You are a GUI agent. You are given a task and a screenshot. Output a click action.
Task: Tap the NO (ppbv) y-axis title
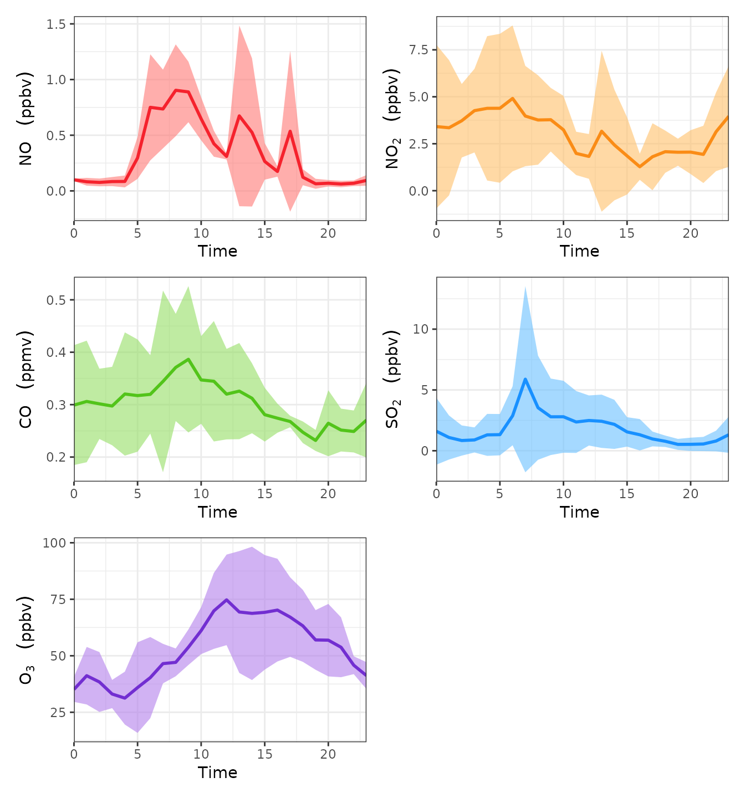25,119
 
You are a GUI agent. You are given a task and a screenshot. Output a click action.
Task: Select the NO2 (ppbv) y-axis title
392,119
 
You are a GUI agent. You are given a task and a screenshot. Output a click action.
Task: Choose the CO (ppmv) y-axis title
25,379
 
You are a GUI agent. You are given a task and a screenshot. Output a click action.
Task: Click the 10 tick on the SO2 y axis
421,329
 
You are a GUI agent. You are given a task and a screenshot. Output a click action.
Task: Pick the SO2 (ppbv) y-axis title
392,379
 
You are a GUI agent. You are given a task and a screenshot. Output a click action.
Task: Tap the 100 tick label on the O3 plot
54,543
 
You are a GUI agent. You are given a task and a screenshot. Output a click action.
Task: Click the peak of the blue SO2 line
525,379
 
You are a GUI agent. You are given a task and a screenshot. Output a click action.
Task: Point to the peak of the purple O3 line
226,600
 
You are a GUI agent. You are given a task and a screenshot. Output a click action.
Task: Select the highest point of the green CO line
188,359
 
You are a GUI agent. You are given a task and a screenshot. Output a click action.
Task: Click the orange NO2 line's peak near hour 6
513,98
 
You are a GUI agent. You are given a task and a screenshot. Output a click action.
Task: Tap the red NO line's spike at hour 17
290,131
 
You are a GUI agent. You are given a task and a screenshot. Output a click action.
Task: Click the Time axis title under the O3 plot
217,773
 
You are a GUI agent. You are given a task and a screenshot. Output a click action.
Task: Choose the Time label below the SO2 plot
579,512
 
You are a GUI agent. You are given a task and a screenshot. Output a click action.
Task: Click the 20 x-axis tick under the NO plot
328,233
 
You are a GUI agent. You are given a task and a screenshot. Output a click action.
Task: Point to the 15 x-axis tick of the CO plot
264,494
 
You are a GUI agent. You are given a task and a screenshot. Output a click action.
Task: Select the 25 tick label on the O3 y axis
58,713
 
